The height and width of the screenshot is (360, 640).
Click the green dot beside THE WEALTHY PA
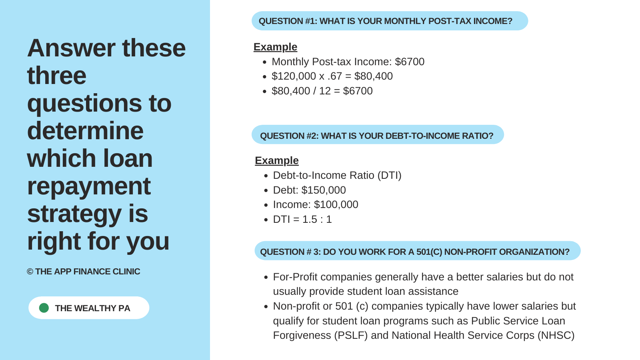click(44, 308)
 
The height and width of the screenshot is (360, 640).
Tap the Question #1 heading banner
click(390, 21)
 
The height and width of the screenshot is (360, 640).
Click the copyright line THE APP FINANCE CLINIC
click(84, 272)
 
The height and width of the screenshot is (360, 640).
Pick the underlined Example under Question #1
click(276, 47)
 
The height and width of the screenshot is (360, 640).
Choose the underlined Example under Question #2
click(276, 160)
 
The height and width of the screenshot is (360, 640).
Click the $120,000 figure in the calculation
click(294, 76)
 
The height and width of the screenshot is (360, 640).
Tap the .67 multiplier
click(335, 76)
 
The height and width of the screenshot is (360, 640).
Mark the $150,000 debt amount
click(324, 190)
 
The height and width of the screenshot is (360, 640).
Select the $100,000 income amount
click(336, 204)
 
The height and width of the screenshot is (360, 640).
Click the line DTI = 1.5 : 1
click(302, 220)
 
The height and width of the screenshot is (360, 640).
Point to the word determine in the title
click(85, 130)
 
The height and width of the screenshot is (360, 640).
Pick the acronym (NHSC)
click(556, 336)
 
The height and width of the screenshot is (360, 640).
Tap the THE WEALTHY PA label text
click(92, 308)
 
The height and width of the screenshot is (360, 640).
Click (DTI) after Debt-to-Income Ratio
click(390, 176)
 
